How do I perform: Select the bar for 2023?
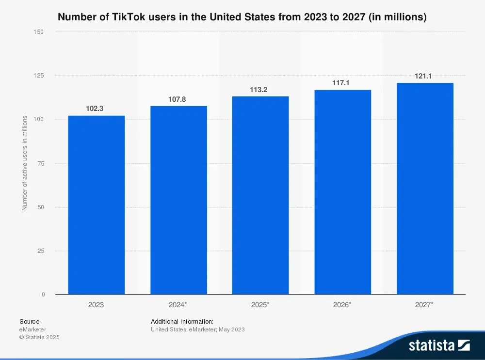click(x=96, y=205)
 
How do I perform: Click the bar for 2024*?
click(x=178, y=200)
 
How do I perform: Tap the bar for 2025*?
click(x=260, y=195)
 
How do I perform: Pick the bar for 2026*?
click(x=342, y=192)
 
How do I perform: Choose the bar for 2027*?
click(x=425, y=188)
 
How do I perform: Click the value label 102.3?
click(x=95, y=109)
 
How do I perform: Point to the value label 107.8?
click(x=177, y=99)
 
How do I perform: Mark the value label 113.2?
click(x=259, y=90)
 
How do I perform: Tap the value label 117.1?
click(x=341, y=83)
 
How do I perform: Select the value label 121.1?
click(x=423, y=76)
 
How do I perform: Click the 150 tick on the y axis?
click(x=39, y=32)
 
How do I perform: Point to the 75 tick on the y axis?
click(x=41, y=164)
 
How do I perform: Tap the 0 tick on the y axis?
click(x=43, y=295)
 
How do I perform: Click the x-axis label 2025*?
click(x=260, y=305)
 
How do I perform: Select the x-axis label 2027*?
click(x=425, y=305)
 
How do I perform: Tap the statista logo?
click(x=439, y=345)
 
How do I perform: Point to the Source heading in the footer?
click(x=30, y=321)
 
